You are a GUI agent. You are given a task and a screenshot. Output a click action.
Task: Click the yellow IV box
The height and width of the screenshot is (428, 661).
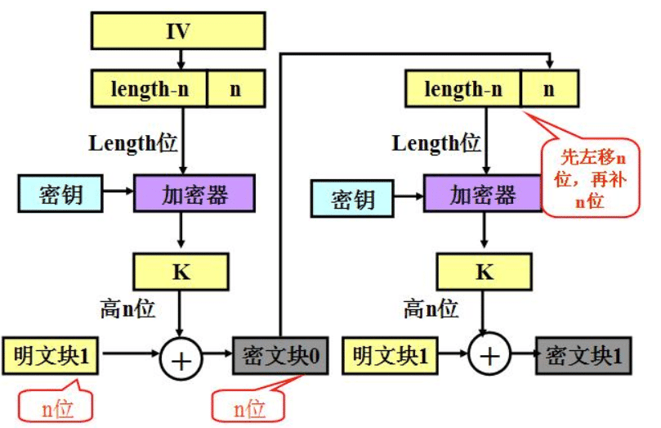[178, 32]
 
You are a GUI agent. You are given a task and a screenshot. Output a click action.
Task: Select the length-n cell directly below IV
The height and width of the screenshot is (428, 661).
[149, 89]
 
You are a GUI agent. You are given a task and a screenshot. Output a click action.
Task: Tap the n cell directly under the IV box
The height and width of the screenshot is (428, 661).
[235, 89]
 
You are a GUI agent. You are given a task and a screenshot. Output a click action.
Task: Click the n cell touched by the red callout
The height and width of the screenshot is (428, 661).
[549, 89]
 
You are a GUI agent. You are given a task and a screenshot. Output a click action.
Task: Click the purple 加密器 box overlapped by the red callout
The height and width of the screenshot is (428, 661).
[483, 196]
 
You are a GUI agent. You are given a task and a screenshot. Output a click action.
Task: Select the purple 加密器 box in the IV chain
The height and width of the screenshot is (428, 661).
[194, 194]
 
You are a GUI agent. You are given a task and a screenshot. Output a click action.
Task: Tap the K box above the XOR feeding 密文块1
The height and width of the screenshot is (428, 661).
[485, 273]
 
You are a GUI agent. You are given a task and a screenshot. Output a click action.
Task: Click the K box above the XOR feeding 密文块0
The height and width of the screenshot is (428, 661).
[181, 273]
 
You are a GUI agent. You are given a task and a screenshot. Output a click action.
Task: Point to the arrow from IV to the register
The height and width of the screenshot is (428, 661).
[180, 59]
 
